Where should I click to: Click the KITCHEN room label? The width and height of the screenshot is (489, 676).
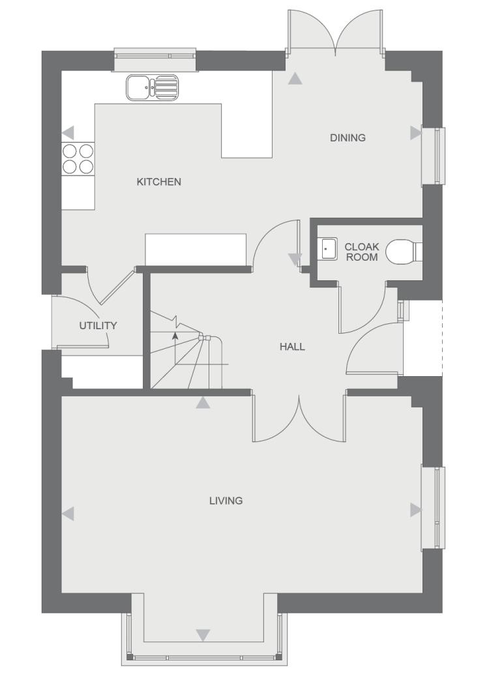(x=158, y=182)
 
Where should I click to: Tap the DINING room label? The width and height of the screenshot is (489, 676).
(x=348, y=138)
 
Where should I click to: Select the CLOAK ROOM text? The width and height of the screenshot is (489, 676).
(x=362, y=252)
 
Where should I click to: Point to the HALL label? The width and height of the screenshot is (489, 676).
(x=292, y=347)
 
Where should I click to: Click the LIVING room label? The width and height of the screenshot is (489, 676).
(x=226, y=501)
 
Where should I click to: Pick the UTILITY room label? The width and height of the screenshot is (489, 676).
(x=98, y=325)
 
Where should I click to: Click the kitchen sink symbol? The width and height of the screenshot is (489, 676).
(x=152, y=87)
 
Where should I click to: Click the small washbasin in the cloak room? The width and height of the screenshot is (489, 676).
(x=328, y=248)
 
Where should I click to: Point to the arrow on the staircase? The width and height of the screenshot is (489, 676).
(x=175, y=336)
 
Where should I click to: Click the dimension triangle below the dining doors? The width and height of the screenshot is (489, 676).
(x=296, y=79)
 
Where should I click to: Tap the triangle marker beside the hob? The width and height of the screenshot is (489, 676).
(x=68, y=132)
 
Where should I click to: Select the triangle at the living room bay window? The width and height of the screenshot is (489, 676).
(x=203, y=634)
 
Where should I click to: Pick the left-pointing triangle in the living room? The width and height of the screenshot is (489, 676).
(x=68, y=514)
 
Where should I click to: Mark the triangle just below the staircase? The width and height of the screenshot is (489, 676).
(x=203, y=403)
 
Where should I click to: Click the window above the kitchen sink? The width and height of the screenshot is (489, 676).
(x=155, y=59)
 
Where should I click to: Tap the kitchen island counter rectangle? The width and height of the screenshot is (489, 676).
(x=196, y=250)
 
